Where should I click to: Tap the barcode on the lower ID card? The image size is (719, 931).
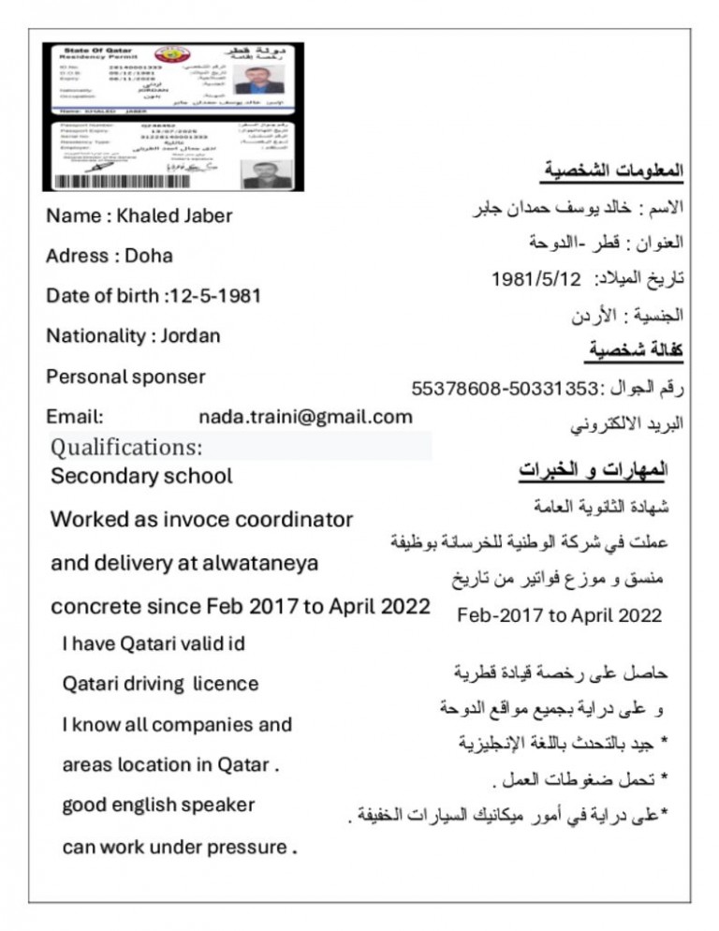(x=123, y=182)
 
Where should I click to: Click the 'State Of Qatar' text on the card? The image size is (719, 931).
(x=97, y=49)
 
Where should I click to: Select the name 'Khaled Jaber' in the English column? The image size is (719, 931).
(x=174, y=216)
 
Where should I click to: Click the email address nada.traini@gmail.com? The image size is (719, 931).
(x=305, y=417)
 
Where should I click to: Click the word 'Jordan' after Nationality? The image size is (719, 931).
(x=189, y=335)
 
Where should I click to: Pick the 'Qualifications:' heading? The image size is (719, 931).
(x=126, y=446)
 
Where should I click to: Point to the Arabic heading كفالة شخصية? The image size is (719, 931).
(x=636, y=350)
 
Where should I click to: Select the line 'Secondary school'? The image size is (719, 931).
(x=141, y=476)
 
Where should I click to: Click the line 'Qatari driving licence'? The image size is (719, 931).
(x=160, y=684)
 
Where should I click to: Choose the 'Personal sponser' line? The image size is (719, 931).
(x=125, y=377)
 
